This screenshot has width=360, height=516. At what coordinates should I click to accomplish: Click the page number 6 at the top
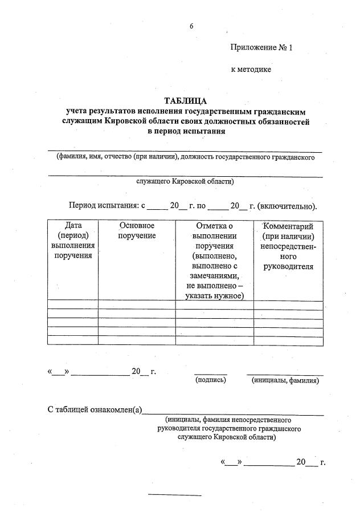pyautogui.click(x=192, y=26)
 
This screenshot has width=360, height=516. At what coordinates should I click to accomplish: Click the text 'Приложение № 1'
pyautogui.click(x=261, y=48)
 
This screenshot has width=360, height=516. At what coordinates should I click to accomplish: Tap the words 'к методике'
pyautogui.click(x=251, y=70)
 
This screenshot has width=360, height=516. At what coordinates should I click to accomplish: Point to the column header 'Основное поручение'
pyautogui.click(x=137, y=231)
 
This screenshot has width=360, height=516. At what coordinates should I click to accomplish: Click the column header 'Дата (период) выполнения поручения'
pyautogui.click(x=73, y=241)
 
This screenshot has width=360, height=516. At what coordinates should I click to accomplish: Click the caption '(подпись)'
pyautogui.click(x=211, y=380)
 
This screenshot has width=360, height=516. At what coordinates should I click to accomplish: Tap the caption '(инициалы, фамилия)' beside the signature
pyautogui.click(x=285, y=380)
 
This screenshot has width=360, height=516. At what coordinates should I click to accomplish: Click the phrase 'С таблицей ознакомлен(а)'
pyautogui.click(x=95, y=409)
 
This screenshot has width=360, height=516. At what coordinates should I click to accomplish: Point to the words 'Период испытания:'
pyautogui.click(x=103, y=206)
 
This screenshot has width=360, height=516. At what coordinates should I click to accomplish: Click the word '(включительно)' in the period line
pyautogui.click(x=287, y=206)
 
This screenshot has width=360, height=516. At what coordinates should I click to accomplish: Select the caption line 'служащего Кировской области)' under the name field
pyautogui.click(x=185, y=181)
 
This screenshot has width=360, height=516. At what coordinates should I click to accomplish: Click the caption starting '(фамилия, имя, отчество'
pyautogui.click(x=185, y=157)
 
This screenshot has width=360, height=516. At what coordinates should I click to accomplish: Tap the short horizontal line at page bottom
pyautogui.click(x=174, y=495)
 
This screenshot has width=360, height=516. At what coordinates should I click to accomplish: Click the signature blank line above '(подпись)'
pyautogui.click(x=210, y=374)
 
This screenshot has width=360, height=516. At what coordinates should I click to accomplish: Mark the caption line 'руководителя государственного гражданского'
pyautogui.click(x=229, y=428)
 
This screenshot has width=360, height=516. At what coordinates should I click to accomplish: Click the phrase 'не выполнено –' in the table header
pyautogui.click(x=215, y=286)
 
